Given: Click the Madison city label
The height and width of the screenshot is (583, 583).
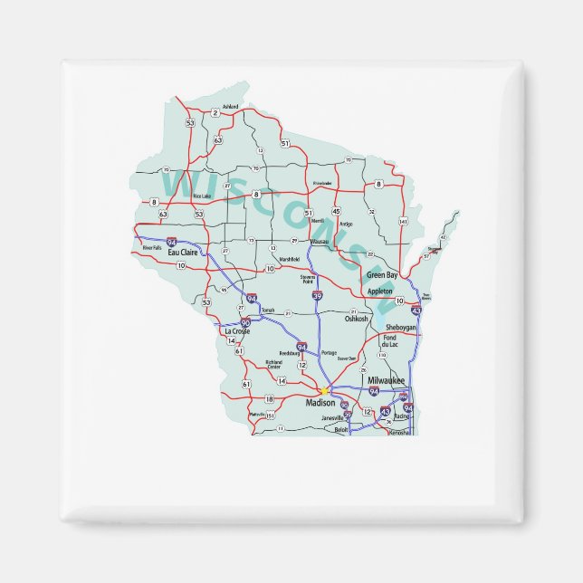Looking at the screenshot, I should (320, 401).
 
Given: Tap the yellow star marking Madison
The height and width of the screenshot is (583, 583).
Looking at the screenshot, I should (323, 391).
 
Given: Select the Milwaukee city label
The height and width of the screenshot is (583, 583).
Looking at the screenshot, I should (386, 381).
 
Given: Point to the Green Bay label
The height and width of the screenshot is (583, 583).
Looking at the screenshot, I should (381, 274).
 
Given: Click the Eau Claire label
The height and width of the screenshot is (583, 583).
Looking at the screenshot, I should (183, 252).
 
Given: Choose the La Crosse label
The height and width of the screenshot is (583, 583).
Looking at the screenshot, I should (235, 331).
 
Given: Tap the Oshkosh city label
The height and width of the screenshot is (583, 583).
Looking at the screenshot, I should (357, 319).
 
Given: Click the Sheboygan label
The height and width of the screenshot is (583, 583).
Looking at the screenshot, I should (401, 327).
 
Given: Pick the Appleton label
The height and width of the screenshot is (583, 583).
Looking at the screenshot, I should (380, 291).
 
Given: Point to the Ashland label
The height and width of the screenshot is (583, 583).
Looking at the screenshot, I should (230, 107).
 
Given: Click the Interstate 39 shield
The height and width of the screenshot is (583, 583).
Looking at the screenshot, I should (317, 296).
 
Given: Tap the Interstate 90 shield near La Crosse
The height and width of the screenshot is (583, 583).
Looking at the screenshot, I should (245, 322).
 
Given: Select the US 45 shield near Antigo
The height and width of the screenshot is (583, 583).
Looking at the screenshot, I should (336, 211).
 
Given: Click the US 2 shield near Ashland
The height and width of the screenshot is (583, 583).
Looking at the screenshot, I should (215, 113).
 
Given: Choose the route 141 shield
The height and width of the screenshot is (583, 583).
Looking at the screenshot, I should (402, 222).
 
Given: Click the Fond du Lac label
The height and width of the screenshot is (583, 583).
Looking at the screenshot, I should (389, 341).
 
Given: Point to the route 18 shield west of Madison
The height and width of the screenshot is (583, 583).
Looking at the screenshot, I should (269, 399).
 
